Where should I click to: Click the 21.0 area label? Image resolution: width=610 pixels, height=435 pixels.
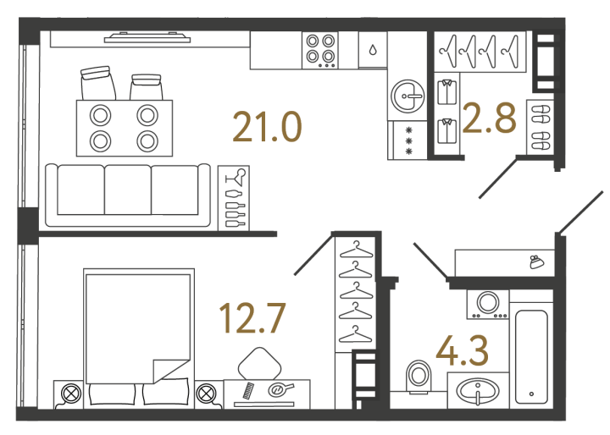click(x=267, y=127)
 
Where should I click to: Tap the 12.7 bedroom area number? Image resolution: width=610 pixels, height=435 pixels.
click(x=252, y=318)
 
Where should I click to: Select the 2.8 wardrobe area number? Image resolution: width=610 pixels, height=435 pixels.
click(x=490, y=118)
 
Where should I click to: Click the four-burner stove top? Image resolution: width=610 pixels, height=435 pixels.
click(x=320, y=50)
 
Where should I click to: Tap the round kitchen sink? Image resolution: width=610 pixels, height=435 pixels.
click(x=408, y=96)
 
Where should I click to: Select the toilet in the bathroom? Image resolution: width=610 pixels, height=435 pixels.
click(x=419, y=377)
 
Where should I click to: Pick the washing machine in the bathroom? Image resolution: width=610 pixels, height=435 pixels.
click(x=488, y=305)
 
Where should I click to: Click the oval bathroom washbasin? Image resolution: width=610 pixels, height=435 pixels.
click(x=478, y=391)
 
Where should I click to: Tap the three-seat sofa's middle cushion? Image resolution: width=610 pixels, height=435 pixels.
click(x=128, y=190)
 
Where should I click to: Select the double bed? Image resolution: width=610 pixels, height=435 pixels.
click(x=139, y=338)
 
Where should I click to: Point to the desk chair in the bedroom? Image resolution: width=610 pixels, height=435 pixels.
click(x=260, y=363)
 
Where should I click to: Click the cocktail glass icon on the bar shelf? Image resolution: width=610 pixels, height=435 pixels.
click(x=236, y=177)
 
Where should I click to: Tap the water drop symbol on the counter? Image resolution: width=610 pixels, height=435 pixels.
click(x=373, y=50)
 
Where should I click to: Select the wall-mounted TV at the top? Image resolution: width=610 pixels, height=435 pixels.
click(x=147, y=37)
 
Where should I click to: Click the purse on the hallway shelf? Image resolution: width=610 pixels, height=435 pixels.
click(x=537, y=262)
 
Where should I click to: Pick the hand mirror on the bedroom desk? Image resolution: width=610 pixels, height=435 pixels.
click(x=281, y=388)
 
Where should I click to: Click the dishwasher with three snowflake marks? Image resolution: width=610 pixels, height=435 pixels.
click(x=408, y=140)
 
